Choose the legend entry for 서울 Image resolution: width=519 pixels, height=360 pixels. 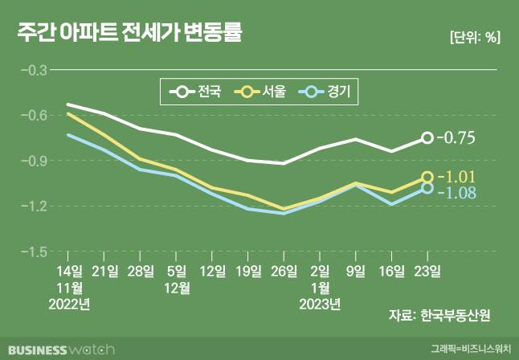tap(262, 92)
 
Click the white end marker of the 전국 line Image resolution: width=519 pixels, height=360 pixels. tap(427, 138)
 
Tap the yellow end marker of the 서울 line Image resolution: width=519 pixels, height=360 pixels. tap(427, 178)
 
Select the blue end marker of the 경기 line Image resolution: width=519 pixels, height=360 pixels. tap(427, 188)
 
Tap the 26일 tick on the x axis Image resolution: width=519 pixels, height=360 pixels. tap(282, 271)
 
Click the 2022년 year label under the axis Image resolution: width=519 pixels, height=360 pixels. tap(70, 304)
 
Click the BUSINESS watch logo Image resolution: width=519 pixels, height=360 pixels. tap(60, 350)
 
